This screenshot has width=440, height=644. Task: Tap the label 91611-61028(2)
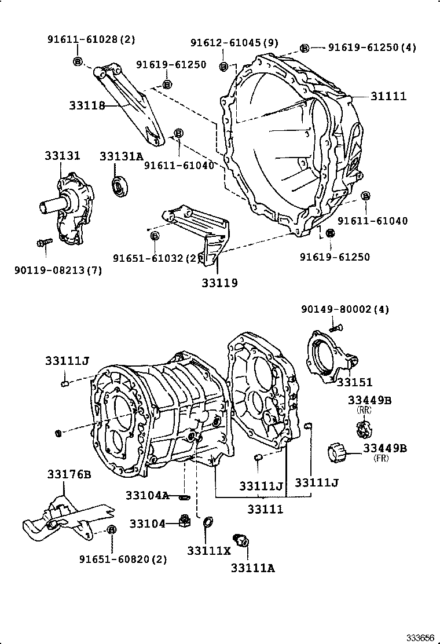point(91,39)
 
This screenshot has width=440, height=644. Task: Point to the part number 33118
point(87,105)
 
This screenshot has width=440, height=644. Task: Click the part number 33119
point(220,283)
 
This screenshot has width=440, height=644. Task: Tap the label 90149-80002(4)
point(344,310)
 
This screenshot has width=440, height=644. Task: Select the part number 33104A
point(147,495)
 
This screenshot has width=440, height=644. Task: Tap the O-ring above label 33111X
point(207,525)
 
